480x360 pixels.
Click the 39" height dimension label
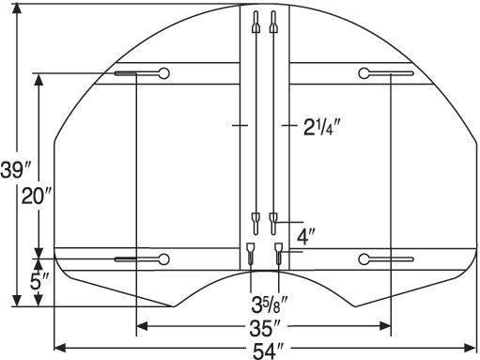coord(15,170)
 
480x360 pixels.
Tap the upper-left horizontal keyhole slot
coord(140,74)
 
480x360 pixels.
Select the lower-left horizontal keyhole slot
coord(140,258)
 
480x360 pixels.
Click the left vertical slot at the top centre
coord(254,23)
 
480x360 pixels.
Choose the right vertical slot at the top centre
coord(273,23)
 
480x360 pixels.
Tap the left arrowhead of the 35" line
coord(141,326)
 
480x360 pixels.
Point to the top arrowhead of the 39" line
coord(17,8)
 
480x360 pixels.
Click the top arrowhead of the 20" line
coord(39,79)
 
